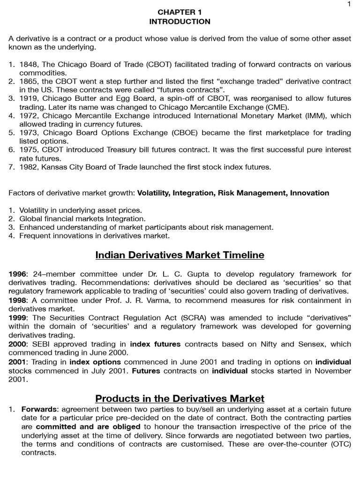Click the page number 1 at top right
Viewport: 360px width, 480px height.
(x=349, y=4)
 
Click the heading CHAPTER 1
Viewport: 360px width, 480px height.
(x=180, y=12)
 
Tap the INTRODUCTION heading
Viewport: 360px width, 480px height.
(x=180, y=22)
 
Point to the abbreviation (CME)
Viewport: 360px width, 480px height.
(x=274, y=107)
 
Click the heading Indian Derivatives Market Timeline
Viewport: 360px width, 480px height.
(x=180, y=255)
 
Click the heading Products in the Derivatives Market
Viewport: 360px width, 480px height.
(x=180, y=398)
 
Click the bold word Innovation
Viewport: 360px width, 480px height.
(x=309, y=193)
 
